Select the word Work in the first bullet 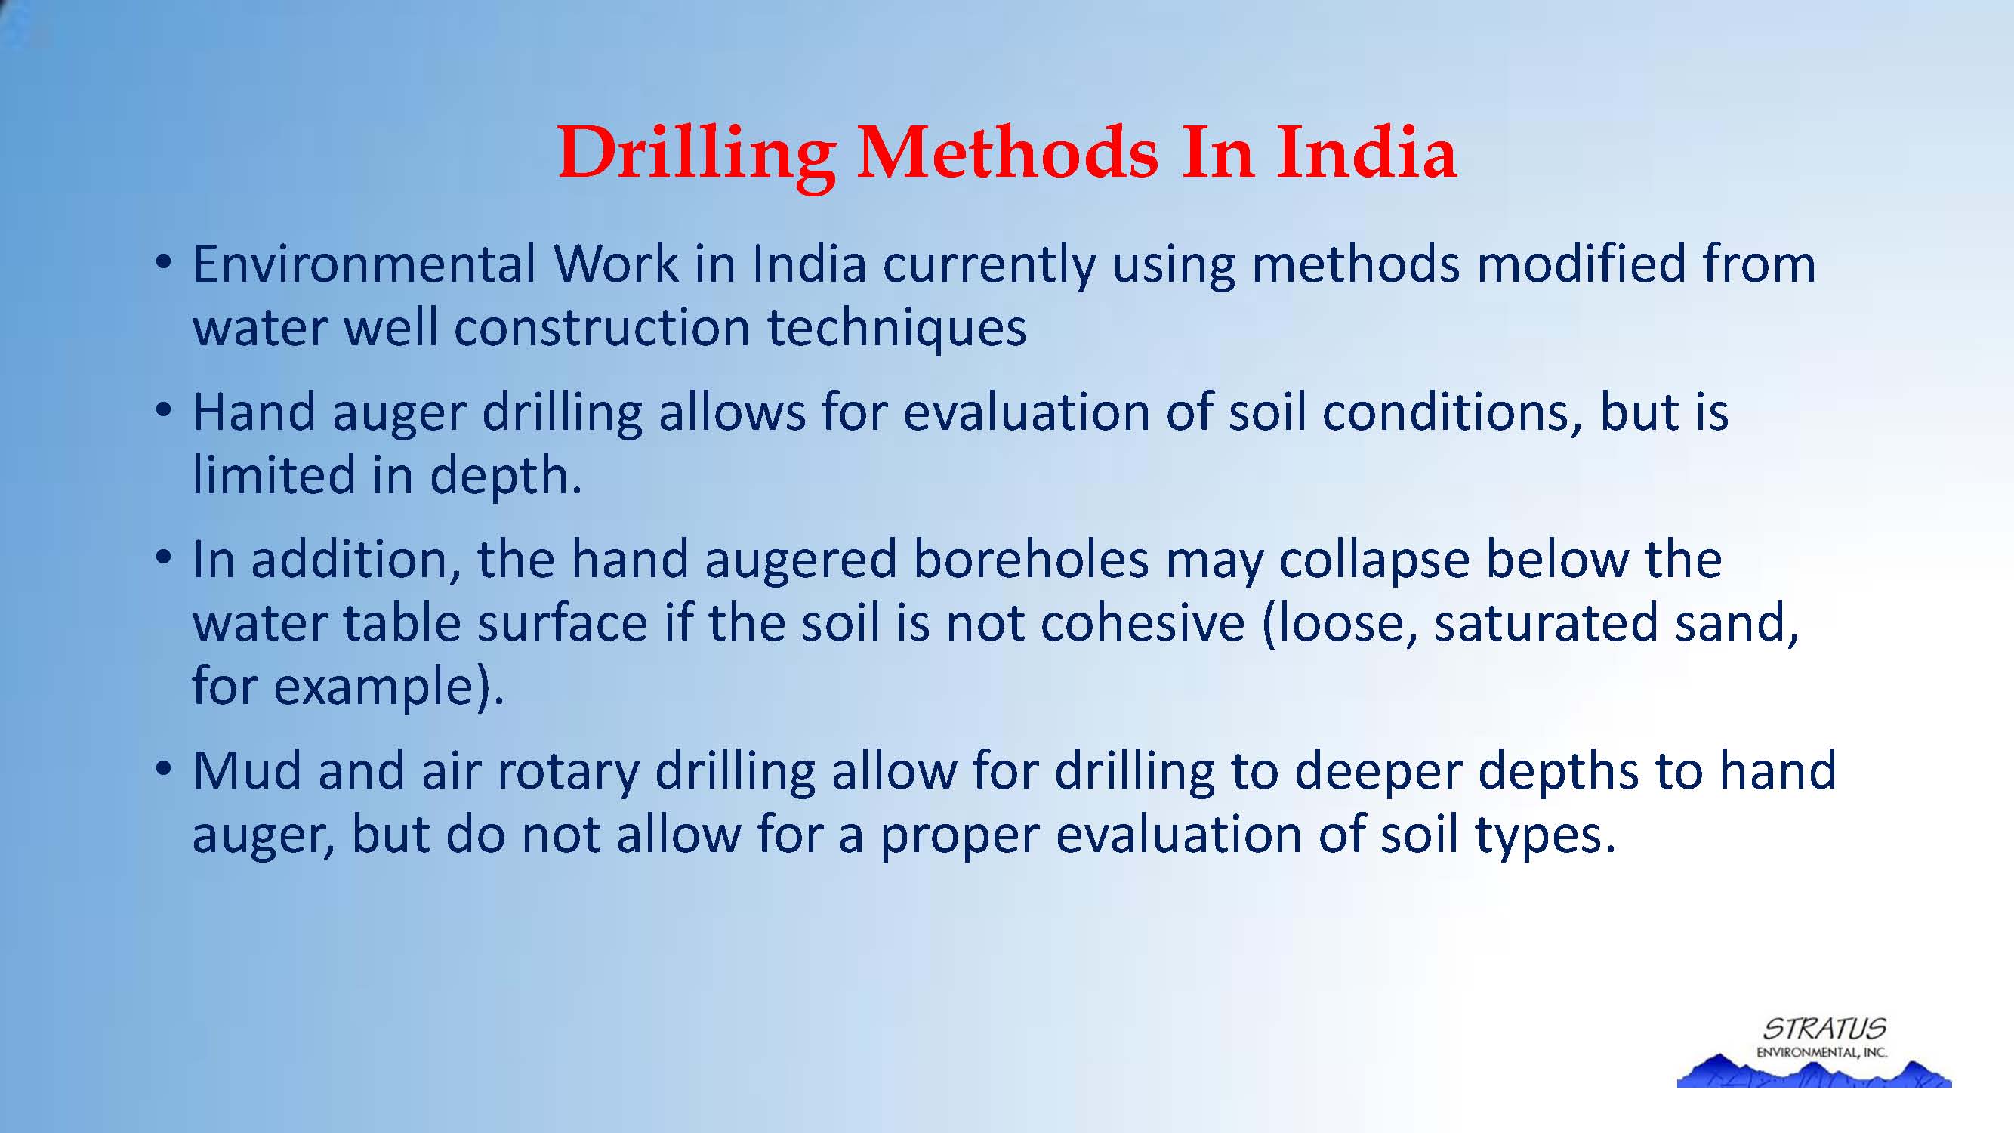pyautogui.click(x=617, y=264)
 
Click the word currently pyautogui.click(x=989, y=266)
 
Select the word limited pyautogui.click(x=273, y=474)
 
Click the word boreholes pyautogui.click(x=1031, y=560)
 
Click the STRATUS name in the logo pyautogui.click(x=1824, y=1027)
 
